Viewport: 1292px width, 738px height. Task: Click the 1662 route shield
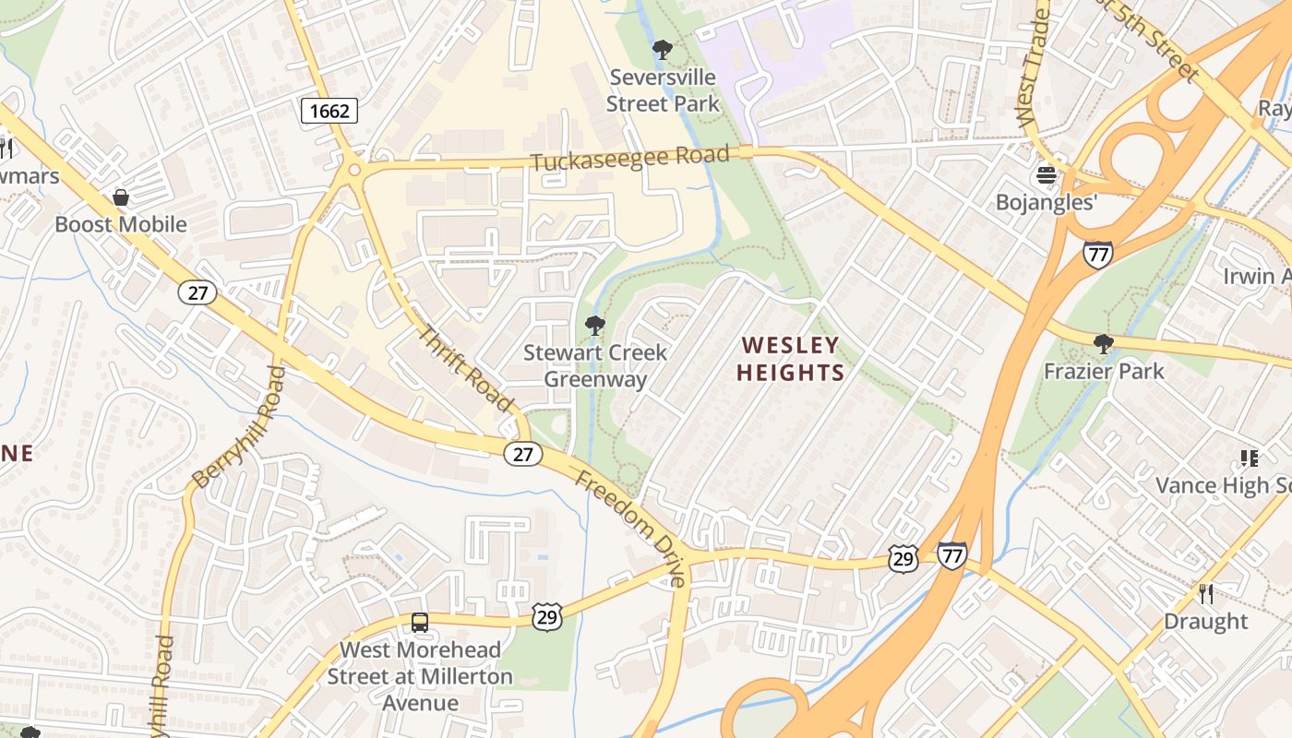(329, 112)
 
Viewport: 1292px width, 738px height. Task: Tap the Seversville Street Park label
(663, 90)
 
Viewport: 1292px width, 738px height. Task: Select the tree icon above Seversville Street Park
(662, 50)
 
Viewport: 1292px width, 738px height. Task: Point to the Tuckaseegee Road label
(630, 159)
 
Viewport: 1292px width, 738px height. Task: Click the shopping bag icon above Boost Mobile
(121, 197)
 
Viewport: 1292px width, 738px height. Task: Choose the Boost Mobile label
(121, 224)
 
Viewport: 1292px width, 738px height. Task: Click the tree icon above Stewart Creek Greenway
(595, 326)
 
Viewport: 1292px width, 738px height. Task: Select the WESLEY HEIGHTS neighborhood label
(793, 359)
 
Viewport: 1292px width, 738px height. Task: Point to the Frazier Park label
(1104, 371)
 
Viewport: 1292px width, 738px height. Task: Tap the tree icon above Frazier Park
(1103, 345)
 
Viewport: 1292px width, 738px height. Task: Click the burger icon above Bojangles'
(1046, 174)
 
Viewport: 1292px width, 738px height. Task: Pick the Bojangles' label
(1046, 202)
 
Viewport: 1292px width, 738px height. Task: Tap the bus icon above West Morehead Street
(420, 623)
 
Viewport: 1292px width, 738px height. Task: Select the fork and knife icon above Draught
(1205, 594)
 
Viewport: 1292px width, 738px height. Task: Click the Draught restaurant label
(1205, 621)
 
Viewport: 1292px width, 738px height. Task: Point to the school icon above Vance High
(1249, 458)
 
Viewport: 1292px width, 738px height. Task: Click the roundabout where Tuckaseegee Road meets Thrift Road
(353, 170)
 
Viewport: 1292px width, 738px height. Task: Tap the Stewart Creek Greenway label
(595, 365)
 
